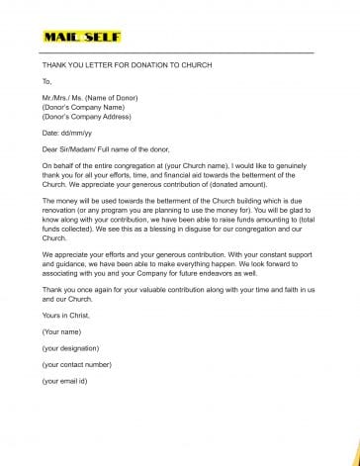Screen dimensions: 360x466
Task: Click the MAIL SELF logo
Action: (x=82, y=38)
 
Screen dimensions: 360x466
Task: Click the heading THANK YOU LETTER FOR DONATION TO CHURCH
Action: (x=127, y=65)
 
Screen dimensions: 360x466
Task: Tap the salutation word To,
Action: (x=46, y=81)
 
